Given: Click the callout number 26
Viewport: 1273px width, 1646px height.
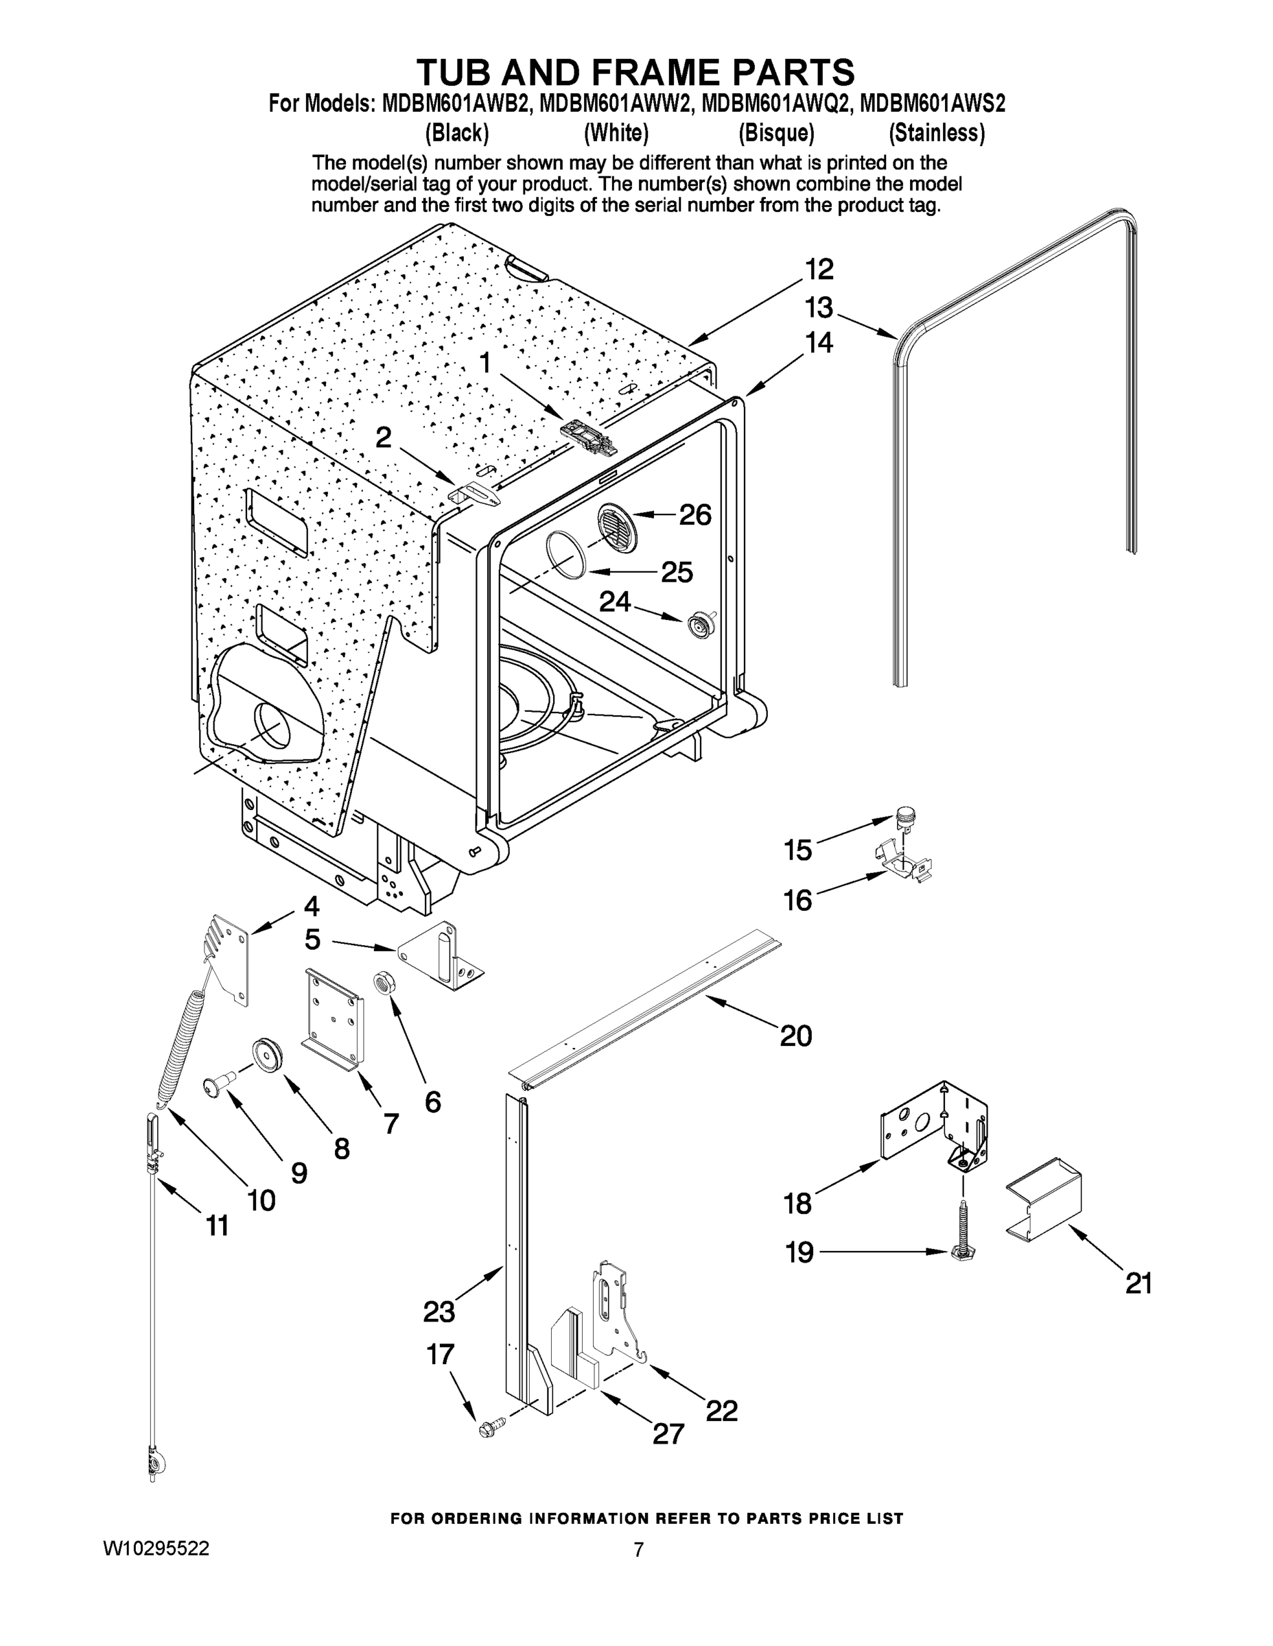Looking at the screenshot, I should [694, 515].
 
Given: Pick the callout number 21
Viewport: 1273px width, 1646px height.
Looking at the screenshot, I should [1138, 1283].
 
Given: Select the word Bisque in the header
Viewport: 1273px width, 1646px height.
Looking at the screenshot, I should [776, 134].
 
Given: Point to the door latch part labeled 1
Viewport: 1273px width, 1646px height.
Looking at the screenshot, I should [589, 436].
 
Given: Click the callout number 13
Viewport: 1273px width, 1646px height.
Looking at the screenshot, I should [818, 307].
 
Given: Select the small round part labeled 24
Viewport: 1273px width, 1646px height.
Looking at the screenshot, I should [701, 625].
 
